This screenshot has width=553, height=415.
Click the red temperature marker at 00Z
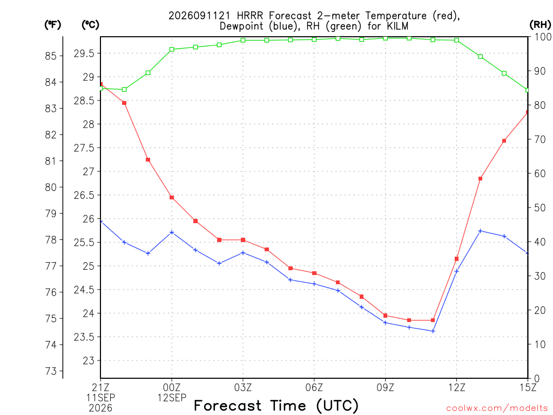point(172,198)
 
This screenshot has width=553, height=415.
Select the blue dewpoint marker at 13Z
point(480,231)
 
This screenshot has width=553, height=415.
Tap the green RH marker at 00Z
point(172,49)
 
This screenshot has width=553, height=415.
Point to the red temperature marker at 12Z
point(457,259)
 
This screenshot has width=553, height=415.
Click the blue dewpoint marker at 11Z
point(433,331)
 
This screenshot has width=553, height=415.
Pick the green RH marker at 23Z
point(148,73)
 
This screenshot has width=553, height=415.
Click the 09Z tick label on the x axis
point(385,388)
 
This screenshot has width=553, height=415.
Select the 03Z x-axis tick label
point(243,388)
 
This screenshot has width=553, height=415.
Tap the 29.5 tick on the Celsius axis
point(84,53)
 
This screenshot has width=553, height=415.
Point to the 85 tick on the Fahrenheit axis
point(51,56)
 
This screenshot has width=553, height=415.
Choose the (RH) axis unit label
point(540,24)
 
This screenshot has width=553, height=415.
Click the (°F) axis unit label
point(52,25)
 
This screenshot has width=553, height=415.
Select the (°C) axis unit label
point(90,25)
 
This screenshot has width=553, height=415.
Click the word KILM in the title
point(397,26)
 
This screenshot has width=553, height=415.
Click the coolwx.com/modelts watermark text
point(497,409)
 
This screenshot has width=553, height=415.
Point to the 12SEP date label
point(172,398)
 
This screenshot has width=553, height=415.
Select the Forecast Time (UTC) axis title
point(276,406)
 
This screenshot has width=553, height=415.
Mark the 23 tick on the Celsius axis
point(89,360)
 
